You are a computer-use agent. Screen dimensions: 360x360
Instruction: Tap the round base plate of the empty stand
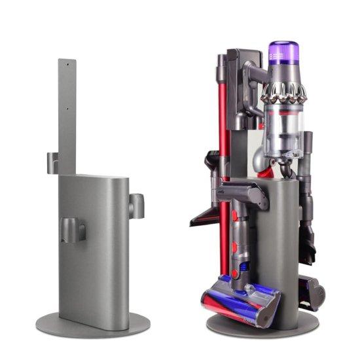pyautogui.click(x=92, y=324)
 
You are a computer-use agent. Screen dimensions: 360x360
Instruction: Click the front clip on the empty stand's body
pyautogui.click(x=73, y=230)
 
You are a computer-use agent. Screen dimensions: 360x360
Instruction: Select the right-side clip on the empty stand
pyautogui.click(x=137, y=206)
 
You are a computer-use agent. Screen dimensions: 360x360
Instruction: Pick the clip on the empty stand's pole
pyautogui.click(x=53, y=162)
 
